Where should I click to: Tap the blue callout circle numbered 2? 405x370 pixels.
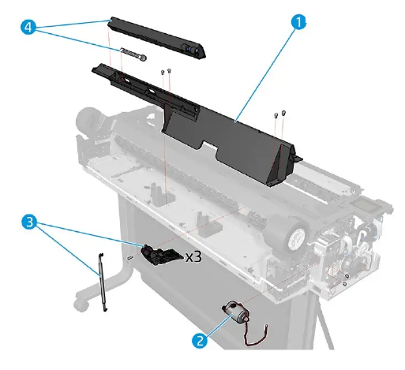coord(202,341)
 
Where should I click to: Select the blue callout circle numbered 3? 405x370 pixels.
coord(28,224)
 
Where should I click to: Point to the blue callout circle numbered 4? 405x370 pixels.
coord(28,27)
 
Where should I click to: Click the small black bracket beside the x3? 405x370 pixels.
coord(161,254)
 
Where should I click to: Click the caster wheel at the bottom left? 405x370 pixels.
coord(79,303)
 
